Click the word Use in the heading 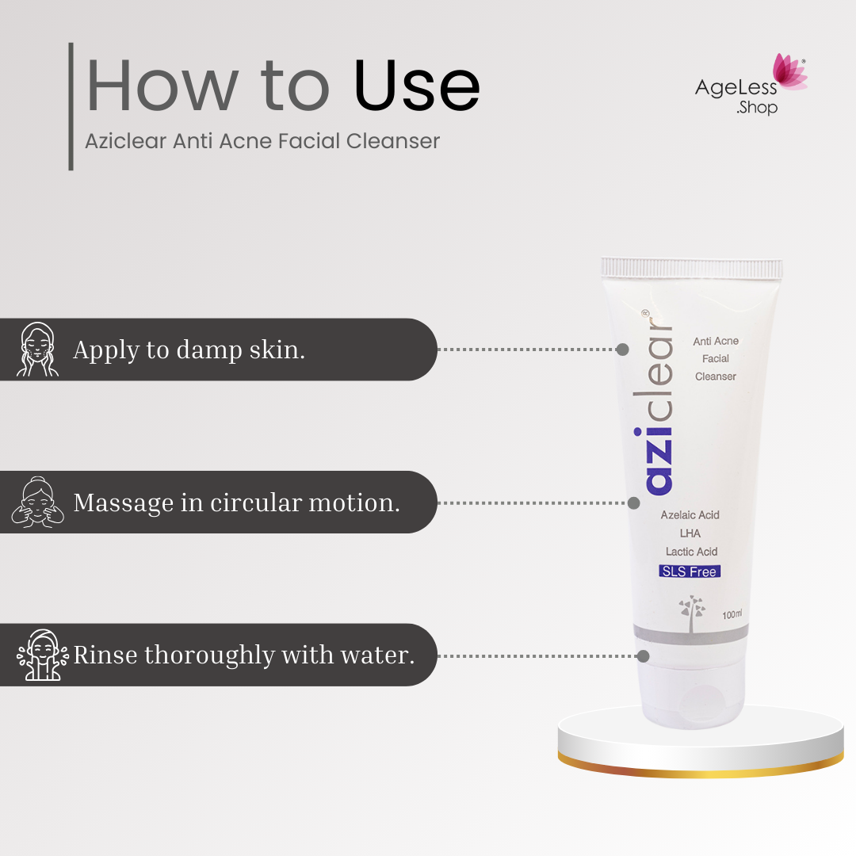[417, 85]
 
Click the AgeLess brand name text [736, 88]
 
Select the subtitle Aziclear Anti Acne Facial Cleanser [262, 141]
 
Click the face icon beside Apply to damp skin [37, 350]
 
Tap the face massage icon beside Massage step [37, 503]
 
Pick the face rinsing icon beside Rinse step [42, 655]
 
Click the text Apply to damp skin [189, 350]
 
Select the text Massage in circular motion [236, 503]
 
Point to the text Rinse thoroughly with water [244, 655]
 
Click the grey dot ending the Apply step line [622, 350]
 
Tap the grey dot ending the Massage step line [634, 503]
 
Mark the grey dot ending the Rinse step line [644, 656]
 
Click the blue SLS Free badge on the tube [690, 571]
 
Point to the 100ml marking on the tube [732, 615]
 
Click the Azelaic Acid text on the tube [690, 515]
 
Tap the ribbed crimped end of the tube [692, 268]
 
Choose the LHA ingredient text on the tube [690, 533]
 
